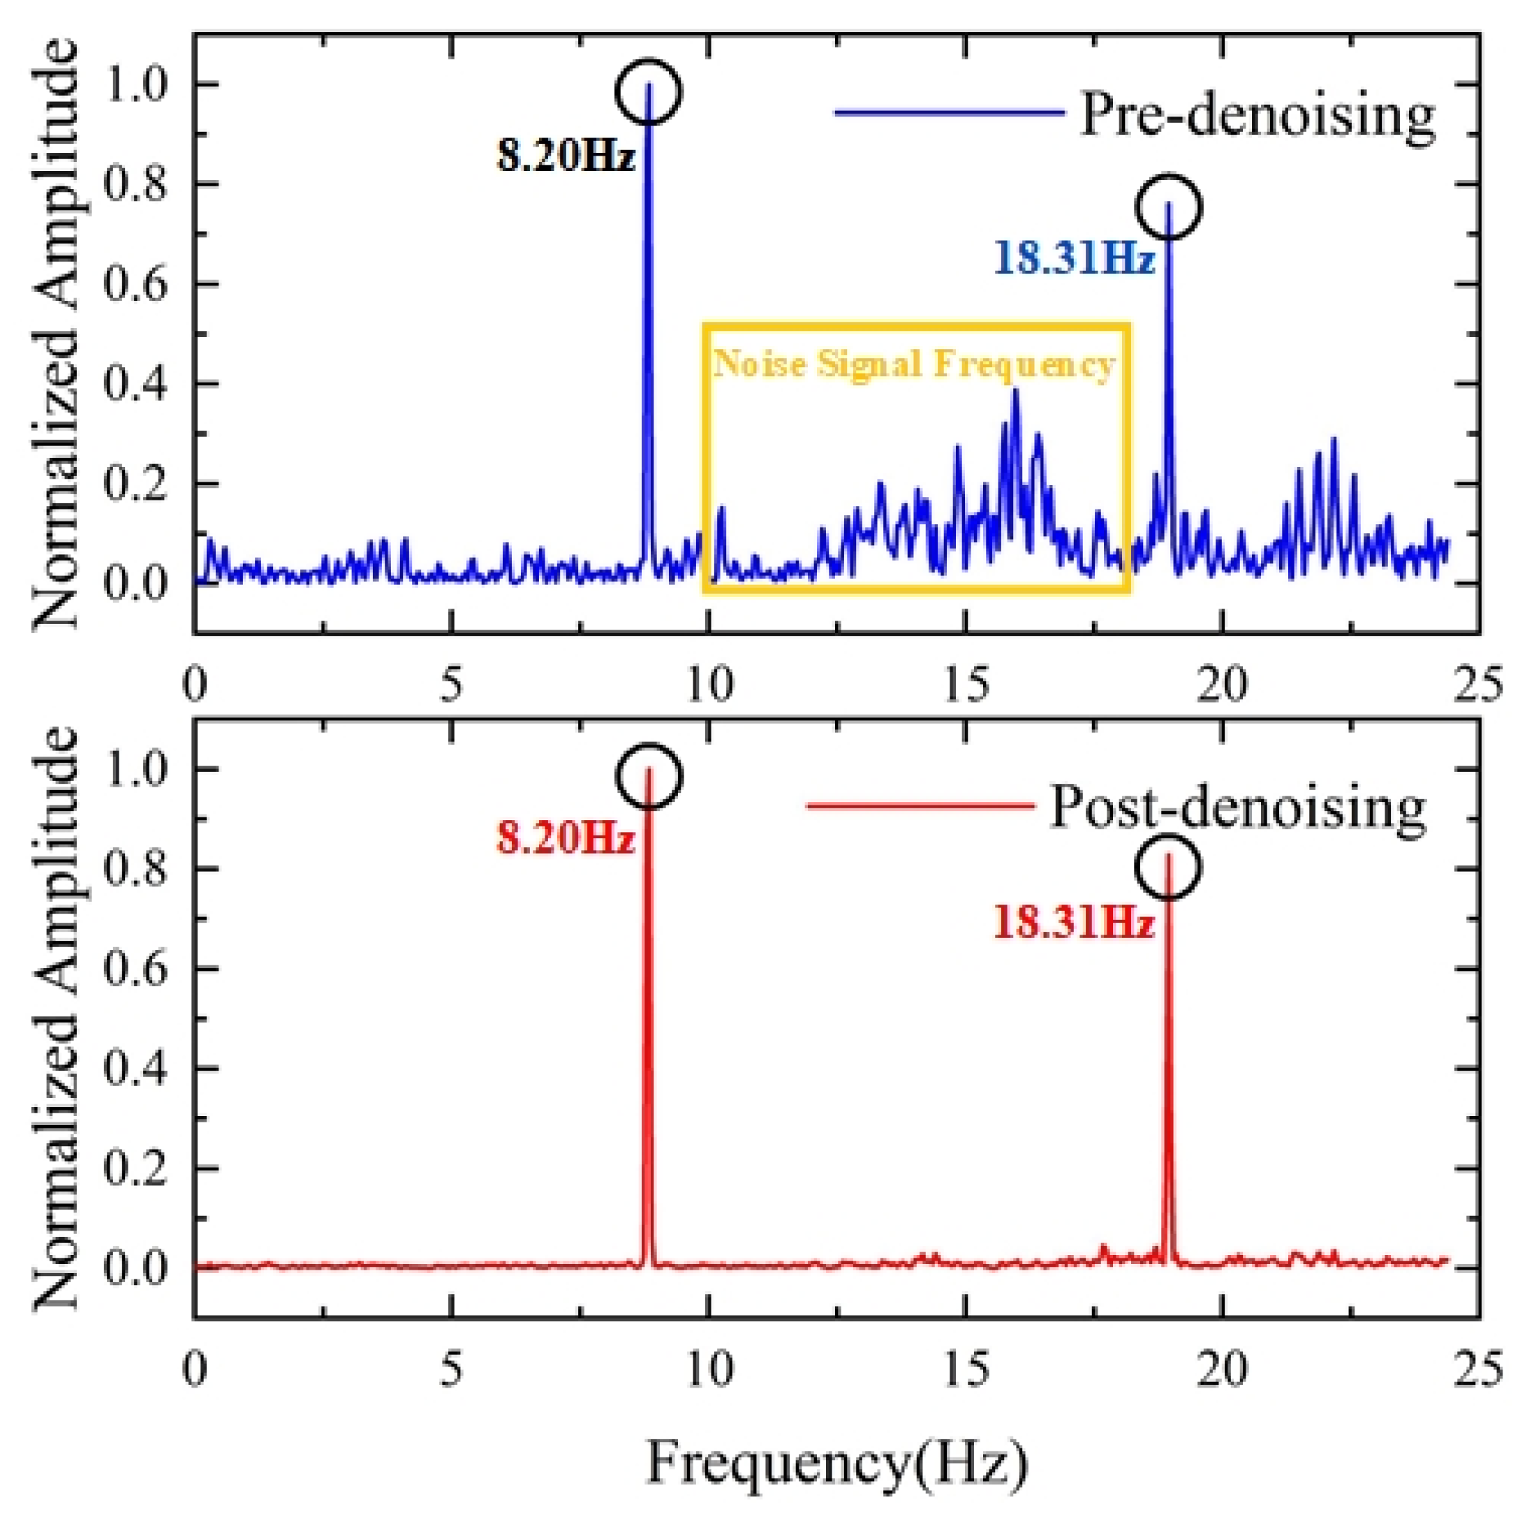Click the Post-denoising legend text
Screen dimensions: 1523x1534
[x=1239, y=808]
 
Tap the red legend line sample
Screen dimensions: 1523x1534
[x=921, y=806]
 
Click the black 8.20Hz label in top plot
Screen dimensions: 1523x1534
[x=566, y=156]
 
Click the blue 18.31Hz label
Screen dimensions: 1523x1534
[x=1073, y=259]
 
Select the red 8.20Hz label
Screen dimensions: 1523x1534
[x=566, y=838]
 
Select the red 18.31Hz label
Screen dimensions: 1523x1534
[x=1073, y=924]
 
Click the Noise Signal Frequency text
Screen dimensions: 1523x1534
[x=915, y=364]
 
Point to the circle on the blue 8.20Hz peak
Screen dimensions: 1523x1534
[x=649, y=91]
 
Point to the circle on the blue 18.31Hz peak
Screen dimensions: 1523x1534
[x=1169, y=207]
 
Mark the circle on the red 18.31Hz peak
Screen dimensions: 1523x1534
[x=1167, y=867]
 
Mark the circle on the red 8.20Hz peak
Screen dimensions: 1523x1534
[x=649, y=776]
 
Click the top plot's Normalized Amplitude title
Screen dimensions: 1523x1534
[x=56, y=334]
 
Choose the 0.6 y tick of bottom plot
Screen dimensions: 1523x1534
[x=135, y=969]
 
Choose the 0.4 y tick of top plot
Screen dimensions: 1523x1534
[x=135, y=384]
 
